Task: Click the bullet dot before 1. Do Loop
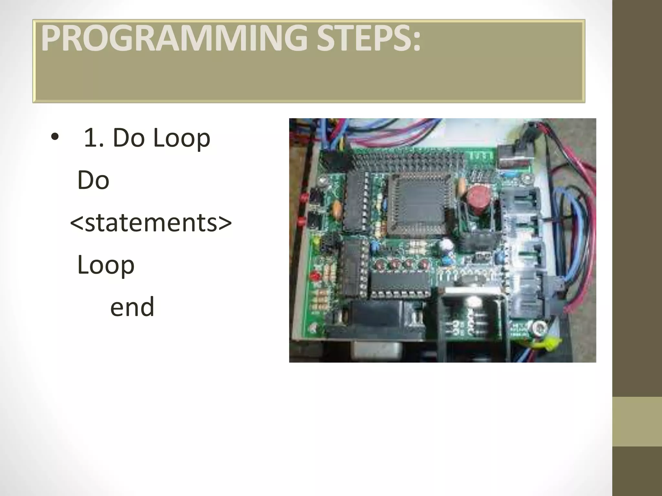click(x=55, y=138)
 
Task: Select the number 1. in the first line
click(x=94, y=138)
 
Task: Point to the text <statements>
click(x=151, y=222)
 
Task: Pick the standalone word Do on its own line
click(x=93, y=180)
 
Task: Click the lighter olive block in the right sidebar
click(x=637, y=421)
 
